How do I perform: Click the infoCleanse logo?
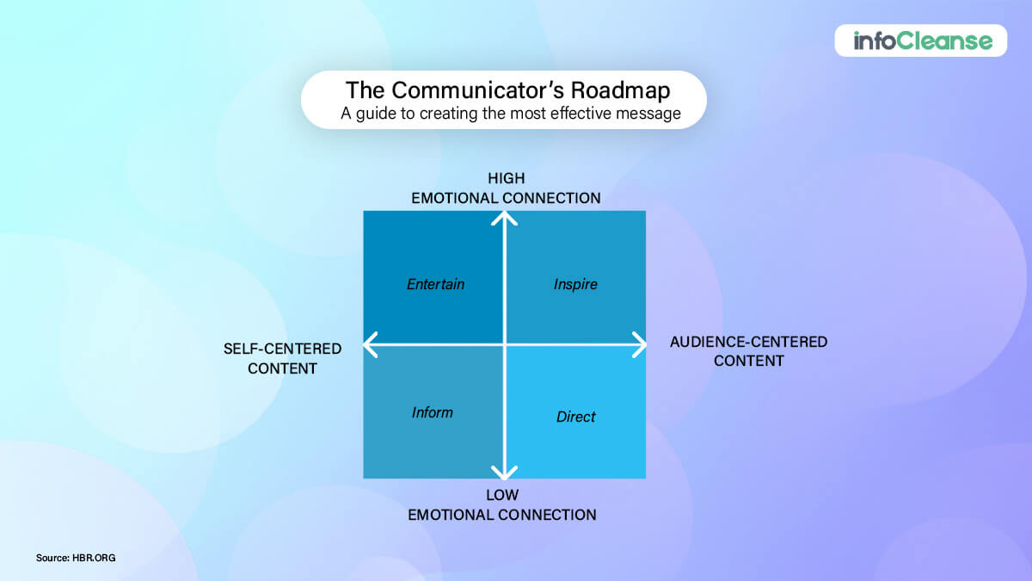tap(921, 40)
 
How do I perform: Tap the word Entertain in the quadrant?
tap(435, 284)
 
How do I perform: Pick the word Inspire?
tap(575, 284)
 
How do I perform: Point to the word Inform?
tap(432, 412)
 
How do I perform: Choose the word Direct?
tap(575, 417)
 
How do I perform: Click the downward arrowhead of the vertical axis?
tap(505, 472)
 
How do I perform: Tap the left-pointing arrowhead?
tap(370, 345)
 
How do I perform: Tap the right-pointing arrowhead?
tap(639, 345)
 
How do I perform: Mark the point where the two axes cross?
tap(505, 345)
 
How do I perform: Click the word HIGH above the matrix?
tap(506, 179)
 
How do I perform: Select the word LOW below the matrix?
tap(501, 496)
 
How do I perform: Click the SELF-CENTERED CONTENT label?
tap(282, 359)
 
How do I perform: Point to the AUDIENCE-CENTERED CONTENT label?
tap(748, 351)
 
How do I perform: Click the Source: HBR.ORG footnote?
tap(76, 558)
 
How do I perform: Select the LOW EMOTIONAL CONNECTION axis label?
tap(501, 506)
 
